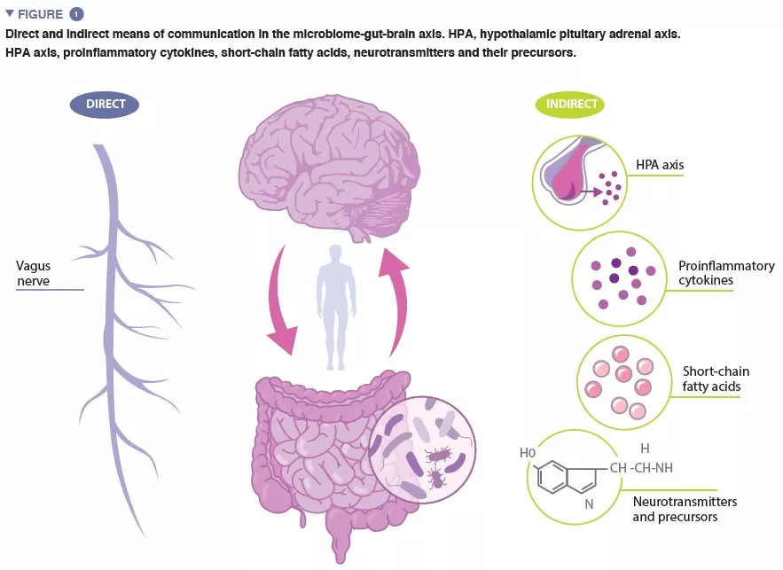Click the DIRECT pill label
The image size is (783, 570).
106,105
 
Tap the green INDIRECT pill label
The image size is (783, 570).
571,105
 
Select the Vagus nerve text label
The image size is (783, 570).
33,274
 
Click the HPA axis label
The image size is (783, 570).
659,165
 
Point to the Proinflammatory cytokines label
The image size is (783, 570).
725,273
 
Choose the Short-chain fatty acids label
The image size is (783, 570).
711,379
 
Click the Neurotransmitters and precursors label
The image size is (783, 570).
684,509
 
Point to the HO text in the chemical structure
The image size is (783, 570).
529,454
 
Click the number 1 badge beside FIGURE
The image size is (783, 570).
77,14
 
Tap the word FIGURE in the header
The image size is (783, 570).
40,14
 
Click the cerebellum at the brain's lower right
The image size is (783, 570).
380,214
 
